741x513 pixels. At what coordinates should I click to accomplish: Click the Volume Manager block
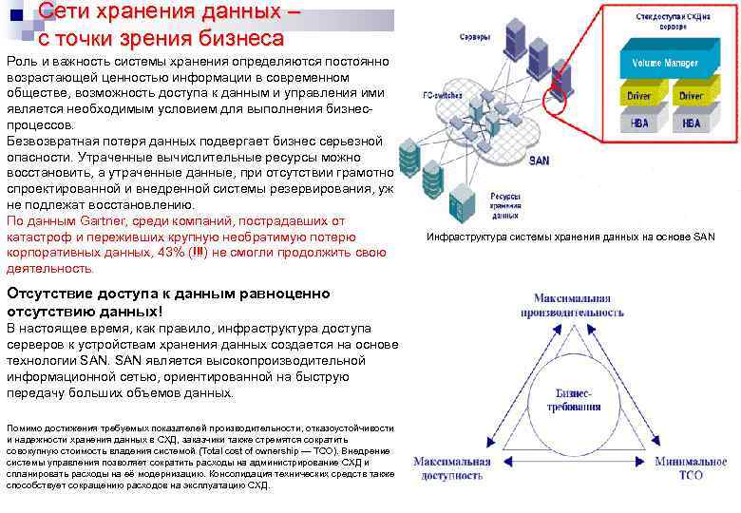click(663, 65)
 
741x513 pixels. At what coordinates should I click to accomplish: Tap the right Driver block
click(690, 96)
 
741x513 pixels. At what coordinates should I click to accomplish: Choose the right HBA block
click(690, 123)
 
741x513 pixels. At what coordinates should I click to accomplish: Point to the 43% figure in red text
click(173, 252)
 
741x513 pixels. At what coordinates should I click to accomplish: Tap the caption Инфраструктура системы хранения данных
click(570, 237)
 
